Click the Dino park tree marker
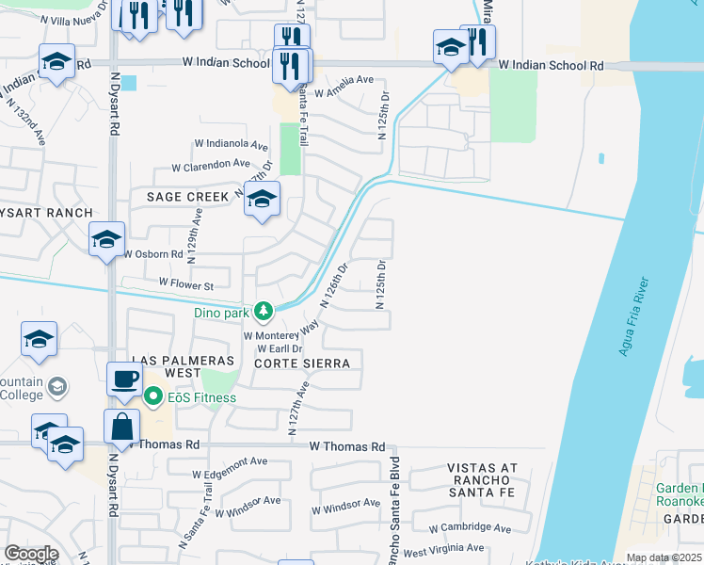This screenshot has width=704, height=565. coord(265,311)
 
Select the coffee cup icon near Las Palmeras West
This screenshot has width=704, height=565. coord(124,379)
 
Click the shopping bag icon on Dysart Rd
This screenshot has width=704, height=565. coord(123,426)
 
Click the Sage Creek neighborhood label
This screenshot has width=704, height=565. coord(187,197)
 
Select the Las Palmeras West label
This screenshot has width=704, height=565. coord(167,366)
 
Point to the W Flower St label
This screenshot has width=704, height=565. coord(186,283)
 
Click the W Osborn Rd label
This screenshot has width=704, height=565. coord(157,254)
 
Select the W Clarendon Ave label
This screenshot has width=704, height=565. coord(211,166)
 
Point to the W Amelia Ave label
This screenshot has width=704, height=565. coord(344,93)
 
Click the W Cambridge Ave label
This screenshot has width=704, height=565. coord(470,529)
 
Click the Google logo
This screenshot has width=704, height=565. coord(31,555)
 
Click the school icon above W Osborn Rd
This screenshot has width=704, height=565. coord(107,239)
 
